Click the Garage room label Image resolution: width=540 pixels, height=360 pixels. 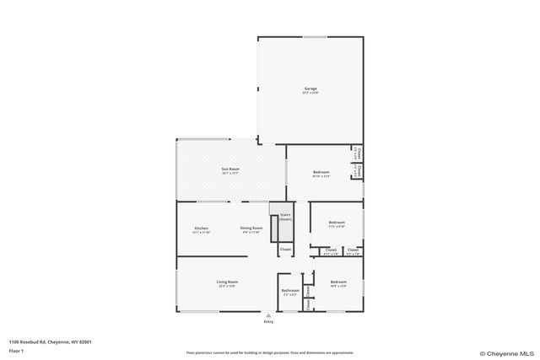coord(310,89)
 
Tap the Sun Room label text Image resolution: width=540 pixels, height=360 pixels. coord(230,169)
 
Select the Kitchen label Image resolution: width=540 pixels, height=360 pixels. coord(202,228)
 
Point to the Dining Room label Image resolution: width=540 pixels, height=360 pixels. coord(252,228)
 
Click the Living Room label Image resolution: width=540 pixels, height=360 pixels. coord(227,282)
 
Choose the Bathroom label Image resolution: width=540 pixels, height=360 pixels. coord(290,290)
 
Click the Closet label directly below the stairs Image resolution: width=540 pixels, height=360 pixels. coord(285,249)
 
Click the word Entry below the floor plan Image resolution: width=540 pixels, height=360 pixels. coord(268,322)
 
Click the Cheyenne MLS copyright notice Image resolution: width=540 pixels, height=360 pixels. coord(506,353)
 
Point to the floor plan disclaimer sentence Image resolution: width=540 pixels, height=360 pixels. coord(269,352)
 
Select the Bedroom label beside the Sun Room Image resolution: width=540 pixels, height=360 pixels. coord(321,172)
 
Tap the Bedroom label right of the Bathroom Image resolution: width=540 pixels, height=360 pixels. coord(338,282)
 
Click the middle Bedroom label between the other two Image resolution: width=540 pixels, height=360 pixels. coord(337,223)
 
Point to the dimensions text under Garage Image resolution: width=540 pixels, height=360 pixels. coord(310,93)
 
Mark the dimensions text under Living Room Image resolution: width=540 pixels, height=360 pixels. coord(227,286)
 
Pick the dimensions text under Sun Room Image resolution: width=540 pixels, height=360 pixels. coord(230,173)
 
